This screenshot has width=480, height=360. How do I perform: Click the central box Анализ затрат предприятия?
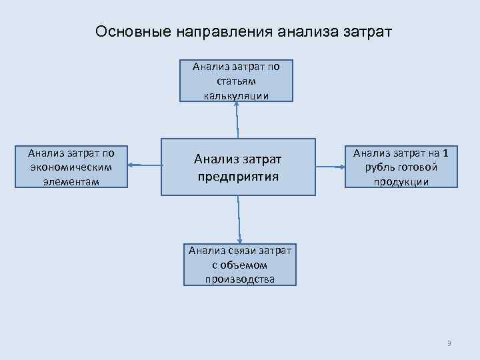(x=238, y=167)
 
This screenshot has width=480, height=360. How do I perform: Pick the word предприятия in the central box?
(x=238, y=177)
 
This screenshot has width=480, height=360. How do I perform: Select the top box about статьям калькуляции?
(x=237, y=80)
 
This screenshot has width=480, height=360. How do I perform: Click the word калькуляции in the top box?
(x=237, y=95)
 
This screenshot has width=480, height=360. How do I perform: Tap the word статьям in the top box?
(x=237, y=81)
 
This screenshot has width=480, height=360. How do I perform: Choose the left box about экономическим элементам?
(x=71, y=167)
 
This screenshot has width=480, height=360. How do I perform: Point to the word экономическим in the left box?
(x=71, y=167)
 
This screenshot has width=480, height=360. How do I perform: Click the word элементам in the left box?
(x=71, y=181)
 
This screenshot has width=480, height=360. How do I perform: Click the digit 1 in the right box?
(x=445, y=153)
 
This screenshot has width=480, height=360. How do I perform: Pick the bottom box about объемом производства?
(x=240, y=265)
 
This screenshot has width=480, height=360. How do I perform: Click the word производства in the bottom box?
(x=240, y=279)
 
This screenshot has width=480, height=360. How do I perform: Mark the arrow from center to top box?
(x=237, y=120)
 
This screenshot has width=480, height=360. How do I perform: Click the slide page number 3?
(x=449, y=343)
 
